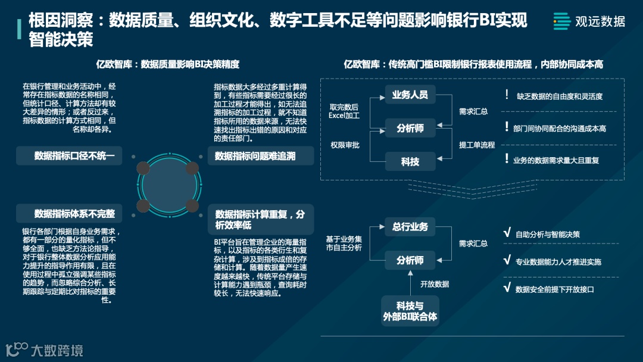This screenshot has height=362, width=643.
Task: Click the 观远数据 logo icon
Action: [x=561, y=21]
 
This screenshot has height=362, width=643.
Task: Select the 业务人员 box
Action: [x=410, y=95]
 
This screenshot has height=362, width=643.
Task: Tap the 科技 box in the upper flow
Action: [x=410, y=161]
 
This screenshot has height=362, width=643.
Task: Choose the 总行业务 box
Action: [x=410, y=227]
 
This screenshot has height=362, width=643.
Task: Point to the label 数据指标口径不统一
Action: [x=70, y=156]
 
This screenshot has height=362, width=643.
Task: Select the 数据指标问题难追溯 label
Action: [x=255, y=156]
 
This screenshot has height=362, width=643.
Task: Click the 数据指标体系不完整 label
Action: [x=70, y=213]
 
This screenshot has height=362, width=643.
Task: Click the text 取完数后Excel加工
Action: [x=344, y=111]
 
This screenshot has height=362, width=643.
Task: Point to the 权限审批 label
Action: [x=345, y=145]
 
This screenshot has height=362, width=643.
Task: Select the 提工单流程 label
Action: [x=476, y=145]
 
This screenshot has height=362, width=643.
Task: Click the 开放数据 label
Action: [x=435, y=284]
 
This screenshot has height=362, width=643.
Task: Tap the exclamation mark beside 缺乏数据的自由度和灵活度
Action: [x=507, y=95]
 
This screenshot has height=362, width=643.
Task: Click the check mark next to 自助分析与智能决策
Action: [x=507, y=233]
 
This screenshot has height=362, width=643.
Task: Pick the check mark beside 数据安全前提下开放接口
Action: [x=507, y=288]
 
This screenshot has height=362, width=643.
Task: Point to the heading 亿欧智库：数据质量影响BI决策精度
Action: [x=168, y=64]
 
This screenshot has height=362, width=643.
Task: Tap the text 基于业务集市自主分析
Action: [x=344, y=243]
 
